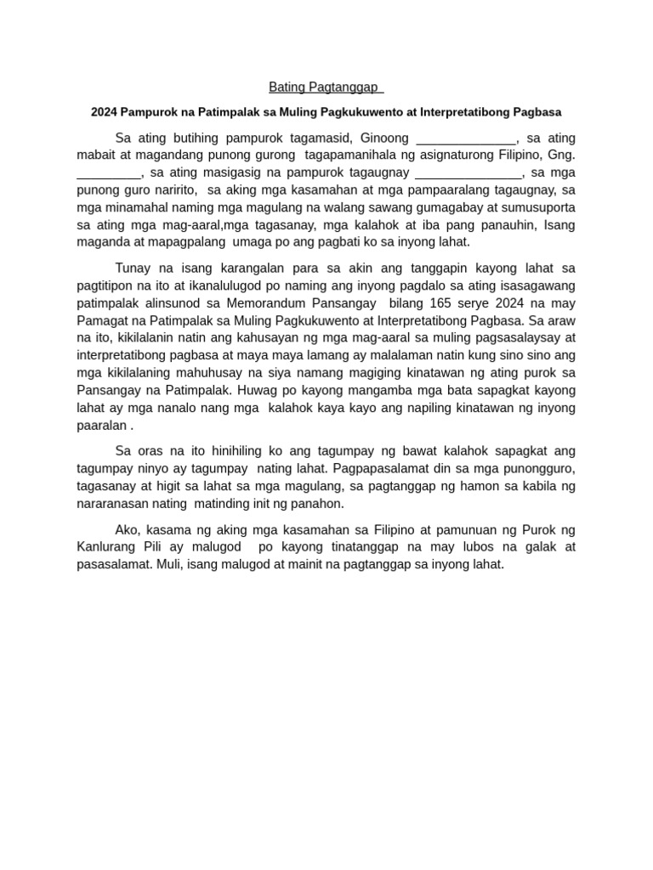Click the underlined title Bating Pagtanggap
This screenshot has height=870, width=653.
point(326,87)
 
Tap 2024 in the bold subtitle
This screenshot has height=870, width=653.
point(104,112)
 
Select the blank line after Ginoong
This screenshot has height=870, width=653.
point(467,138)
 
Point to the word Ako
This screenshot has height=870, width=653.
point(127,529)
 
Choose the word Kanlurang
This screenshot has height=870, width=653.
point(109,546)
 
